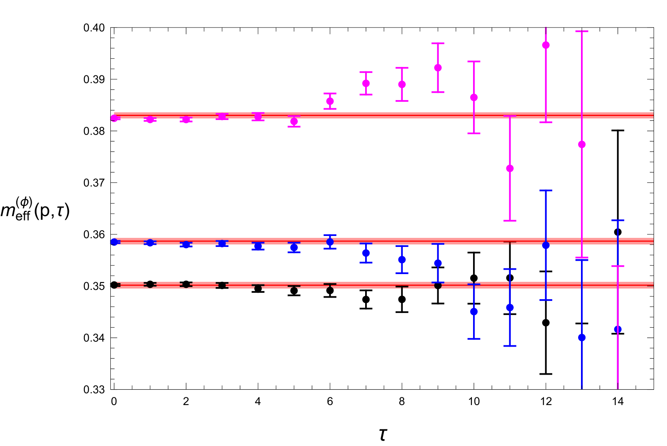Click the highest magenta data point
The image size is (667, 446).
[546, 45]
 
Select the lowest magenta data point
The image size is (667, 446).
[510, 168]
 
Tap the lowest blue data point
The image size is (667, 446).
[582, 337]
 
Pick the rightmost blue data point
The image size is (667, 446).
[618, 329]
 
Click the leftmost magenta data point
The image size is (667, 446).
[114, 118]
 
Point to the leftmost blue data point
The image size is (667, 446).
[114, 242]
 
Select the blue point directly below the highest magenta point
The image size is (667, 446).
[546, 245]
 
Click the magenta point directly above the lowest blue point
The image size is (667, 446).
[582, 144]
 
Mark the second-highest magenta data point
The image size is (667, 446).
[438, 68]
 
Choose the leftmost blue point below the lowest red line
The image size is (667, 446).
[474, 311]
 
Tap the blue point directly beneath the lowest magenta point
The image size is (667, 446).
[510, 308]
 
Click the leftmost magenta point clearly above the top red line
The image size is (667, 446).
[330, 101]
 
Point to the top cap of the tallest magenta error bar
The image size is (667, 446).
[582, 31]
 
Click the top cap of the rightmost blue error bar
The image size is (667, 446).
[618, 221]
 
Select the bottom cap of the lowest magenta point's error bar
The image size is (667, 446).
[510, 221]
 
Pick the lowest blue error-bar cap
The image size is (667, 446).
[510, 346]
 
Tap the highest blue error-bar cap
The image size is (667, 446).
[546, 190]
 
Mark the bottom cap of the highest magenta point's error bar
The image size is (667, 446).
[546, 122]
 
